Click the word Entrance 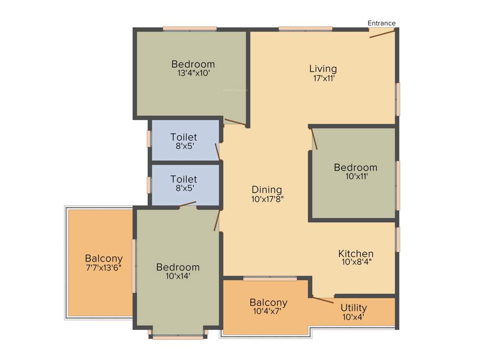(381, 23)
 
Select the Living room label (323, 69)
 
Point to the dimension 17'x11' (323, 79)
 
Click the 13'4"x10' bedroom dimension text (193, 74)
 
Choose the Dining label (267, 189)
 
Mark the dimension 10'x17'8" (267, 199)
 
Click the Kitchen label (356, 254)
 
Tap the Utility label (353, 307)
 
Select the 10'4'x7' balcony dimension (268, 311)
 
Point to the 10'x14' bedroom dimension (178, 276)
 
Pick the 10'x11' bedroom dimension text (355, 177)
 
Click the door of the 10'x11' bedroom (315, 139)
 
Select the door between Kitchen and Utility (323, 300)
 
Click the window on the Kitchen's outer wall (397, 240)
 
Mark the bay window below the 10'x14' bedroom (178, 336)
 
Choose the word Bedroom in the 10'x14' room (178, 267)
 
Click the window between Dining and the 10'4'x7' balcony (270, 279)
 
